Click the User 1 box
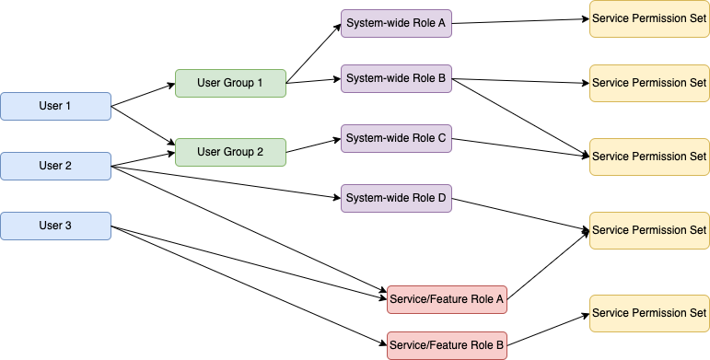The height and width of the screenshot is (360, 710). [55, 106]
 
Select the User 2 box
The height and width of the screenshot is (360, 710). [55, 166]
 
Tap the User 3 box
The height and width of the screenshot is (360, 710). [55, 226]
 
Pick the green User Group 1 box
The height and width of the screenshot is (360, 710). [230, 83]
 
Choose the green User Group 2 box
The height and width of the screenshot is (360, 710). [230, 152]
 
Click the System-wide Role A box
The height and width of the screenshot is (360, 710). [396, 23]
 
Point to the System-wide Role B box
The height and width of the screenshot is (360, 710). [396, 78]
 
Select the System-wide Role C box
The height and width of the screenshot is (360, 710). [396, 138]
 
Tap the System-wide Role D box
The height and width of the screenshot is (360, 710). [396, 198]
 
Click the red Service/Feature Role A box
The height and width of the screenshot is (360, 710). [447, 299]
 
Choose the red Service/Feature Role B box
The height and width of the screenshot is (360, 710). [447, 345]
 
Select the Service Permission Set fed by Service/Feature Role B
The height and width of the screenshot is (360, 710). [649, 313]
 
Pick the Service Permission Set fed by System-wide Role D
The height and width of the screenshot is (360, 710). [649, 229]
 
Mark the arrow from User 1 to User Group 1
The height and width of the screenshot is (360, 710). [143, 95]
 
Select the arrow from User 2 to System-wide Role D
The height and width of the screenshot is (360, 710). [226, 181]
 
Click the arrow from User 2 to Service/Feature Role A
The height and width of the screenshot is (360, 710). [249, 231]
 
